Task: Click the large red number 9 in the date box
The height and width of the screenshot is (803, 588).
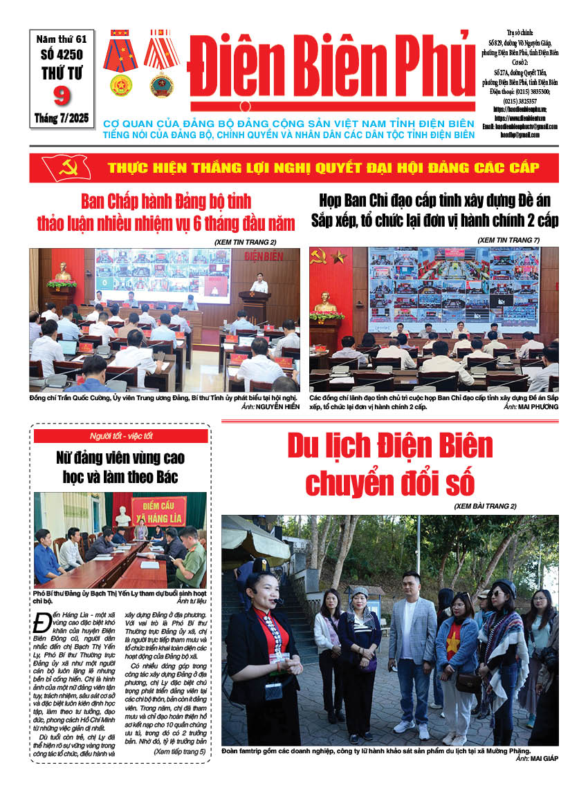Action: [62, 94]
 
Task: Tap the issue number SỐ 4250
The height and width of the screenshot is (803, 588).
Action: [63, 53]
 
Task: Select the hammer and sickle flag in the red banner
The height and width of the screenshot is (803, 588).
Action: [66, 167]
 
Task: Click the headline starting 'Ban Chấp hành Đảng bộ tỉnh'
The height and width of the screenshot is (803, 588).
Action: [165, 211]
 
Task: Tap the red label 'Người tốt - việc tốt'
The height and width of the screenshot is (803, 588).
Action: [121, 435]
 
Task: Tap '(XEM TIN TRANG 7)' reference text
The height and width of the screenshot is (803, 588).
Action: [508, 240]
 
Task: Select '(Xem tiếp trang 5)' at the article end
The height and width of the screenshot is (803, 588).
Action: [179, 750]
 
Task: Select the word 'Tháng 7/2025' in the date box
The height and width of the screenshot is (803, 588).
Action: [62, 118]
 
